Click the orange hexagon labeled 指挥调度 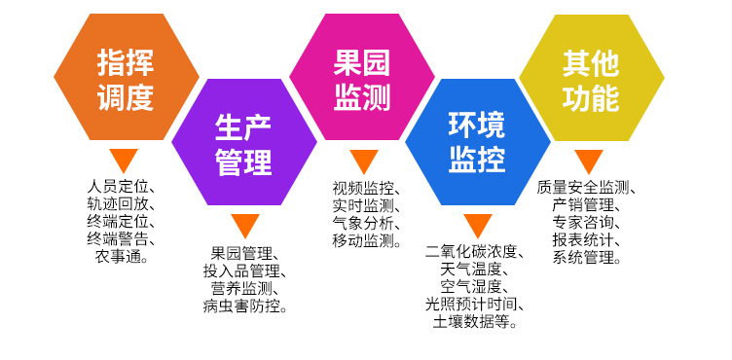[x=126, y=79]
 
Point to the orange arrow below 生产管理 [x=244, y=226]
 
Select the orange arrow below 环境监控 [x=477, y=226]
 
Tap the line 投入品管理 [x=242, y=271]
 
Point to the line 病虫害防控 [x=242, y=306]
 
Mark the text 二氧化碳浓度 [x=477, y=252]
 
